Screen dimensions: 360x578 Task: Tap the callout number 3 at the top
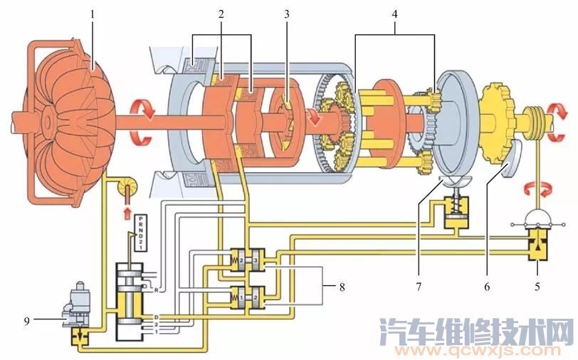pos(287,13)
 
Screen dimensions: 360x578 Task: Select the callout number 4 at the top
pos(396,13)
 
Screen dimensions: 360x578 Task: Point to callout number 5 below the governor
pos(538,288)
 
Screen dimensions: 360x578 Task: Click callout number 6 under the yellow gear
pos(488,288)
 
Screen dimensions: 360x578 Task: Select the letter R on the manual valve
pos(154,290)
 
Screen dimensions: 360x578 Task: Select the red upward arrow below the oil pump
pos(128,212)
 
